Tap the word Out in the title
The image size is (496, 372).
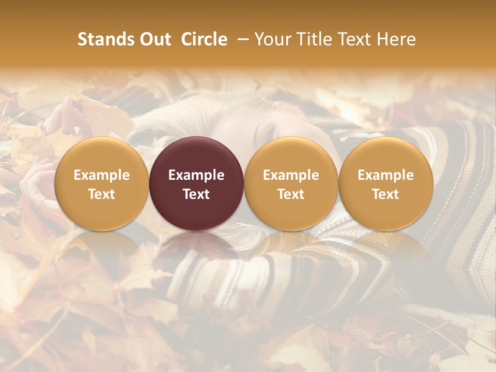[x=154, y=39]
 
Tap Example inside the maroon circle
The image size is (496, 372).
[x=196, y=175]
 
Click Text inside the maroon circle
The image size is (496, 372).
[x=196, y=194]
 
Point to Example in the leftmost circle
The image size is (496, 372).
[x=101, y=175]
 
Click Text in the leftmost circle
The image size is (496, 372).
[x=101, y=194]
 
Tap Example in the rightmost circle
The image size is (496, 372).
[x=386, y=175]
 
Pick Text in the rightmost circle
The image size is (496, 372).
[x=386, y=194]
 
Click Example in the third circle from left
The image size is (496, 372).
[x=291, y=175]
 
